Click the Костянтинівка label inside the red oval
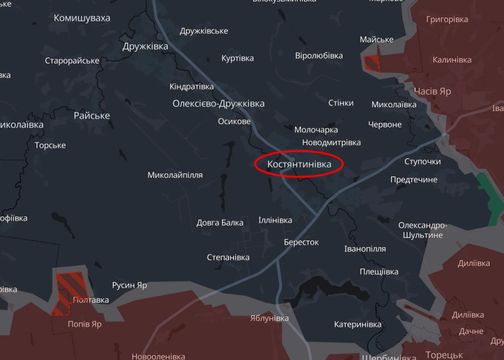pos(299,164)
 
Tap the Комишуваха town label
pos(82,18)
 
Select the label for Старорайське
pos(72,61)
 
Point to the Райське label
pos(91,115)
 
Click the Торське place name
pos(50,145)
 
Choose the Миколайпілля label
pos(175,175)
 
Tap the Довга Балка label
pos(220,223)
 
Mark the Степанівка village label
pos(228,257)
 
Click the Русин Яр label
pos(129,285)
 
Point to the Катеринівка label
pos(358,324)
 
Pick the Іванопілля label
pos(365,249)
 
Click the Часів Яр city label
pos(432,91)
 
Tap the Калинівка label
pos(452,60)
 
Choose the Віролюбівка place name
pos(319,55)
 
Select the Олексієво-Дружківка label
pos(218,103)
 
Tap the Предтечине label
pos(413,180)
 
